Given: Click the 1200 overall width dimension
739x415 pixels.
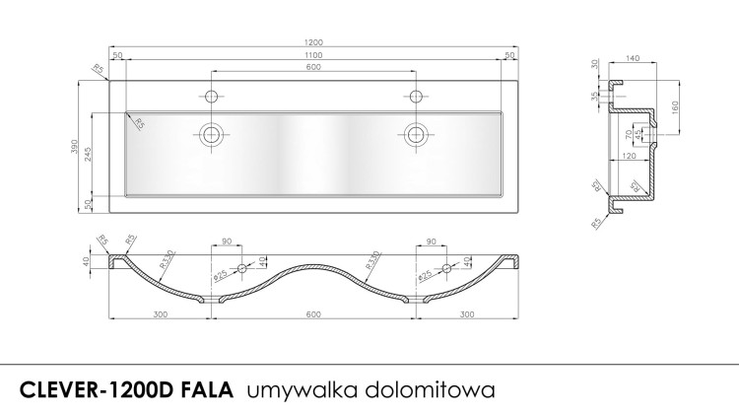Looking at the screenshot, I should click(312, 43).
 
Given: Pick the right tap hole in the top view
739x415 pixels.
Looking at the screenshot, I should click(416, 96).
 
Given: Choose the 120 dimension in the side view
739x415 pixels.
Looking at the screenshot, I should click(628, 156).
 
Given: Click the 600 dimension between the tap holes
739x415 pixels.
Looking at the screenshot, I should click(312, 67).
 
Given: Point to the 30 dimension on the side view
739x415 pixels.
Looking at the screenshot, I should click(594, 64).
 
